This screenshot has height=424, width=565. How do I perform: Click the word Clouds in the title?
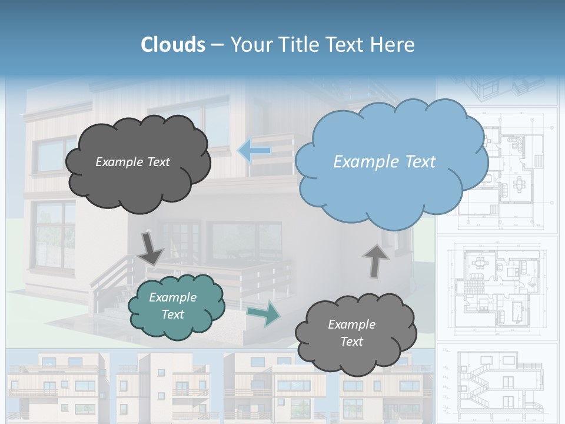(x=173, y=45)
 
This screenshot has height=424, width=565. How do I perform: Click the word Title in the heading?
(x=298, y=45)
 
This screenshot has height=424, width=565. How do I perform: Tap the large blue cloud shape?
(x=388, y=162)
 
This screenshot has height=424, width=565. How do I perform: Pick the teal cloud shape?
(x=175, y=306)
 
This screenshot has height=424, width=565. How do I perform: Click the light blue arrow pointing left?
(x=255, y=151)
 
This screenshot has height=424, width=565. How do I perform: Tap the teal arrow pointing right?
(x=263, y=314)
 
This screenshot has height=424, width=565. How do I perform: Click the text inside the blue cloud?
(x=384, y=162)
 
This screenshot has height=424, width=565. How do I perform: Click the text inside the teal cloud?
(x=172, y=306)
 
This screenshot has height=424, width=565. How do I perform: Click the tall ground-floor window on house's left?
(x=53, y=236)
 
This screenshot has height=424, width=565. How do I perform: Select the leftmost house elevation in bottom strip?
(x=56, y=386)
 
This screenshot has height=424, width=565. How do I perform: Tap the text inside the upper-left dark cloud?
(x=132, y=162)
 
